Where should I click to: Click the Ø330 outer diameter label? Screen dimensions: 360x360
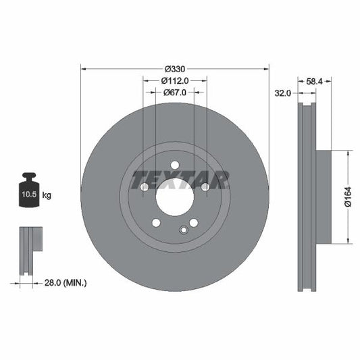point(175,68)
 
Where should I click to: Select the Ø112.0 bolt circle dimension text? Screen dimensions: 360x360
point(175,80)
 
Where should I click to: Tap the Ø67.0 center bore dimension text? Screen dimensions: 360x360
point(175,93)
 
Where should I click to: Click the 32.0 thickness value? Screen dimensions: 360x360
point(283,94)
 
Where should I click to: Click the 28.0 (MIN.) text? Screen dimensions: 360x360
point(66,282)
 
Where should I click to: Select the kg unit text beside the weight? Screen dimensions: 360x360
point(47,195)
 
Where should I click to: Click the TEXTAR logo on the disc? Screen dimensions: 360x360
point(179,180)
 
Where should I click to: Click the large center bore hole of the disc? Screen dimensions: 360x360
point(175,197)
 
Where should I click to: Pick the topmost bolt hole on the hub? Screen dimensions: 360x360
point(175,165)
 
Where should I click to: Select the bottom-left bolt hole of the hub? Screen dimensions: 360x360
point(156,222)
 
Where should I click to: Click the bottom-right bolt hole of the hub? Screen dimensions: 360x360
point(194,222)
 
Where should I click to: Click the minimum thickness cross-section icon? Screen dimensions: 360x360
point(29,250)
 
